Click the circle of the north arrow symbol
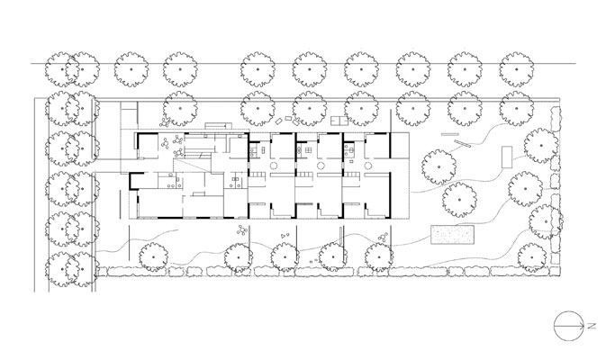click(x=554, y=326)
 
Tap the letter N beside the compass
click(x=592, y=326)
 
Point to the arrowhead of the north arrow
click(x=582, y=326)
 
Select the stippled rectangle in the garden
click(x=452, y=235)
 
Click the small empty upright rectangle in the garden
click(x=507, y=157)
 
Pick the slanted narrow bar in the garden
click(x=463, y=143)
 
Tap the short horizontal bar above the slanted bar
click(x=450, y=134)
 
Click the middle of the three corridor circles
click(x=321, y=165)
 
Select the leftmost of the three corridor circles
click(x=274, y=165)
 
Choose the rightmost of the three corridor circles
click(x=368, y=165)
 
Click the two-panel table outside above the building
click(x=339, y=121)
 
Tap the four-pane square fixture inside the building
click(x=308, y=149)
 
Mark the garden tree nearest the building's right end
click(x=439, y=166)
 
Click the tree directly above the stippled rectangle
click(x=459, y=200)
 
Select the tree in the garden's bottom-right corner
click(x=532, y=257)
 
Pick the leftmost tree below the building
click(x=154, y=256)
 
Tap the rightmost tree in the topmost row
click(x=516, y=69)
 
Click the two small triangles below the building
click(x=285, y=236)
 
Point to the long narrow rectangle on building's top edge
click(x=218, y=125)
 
